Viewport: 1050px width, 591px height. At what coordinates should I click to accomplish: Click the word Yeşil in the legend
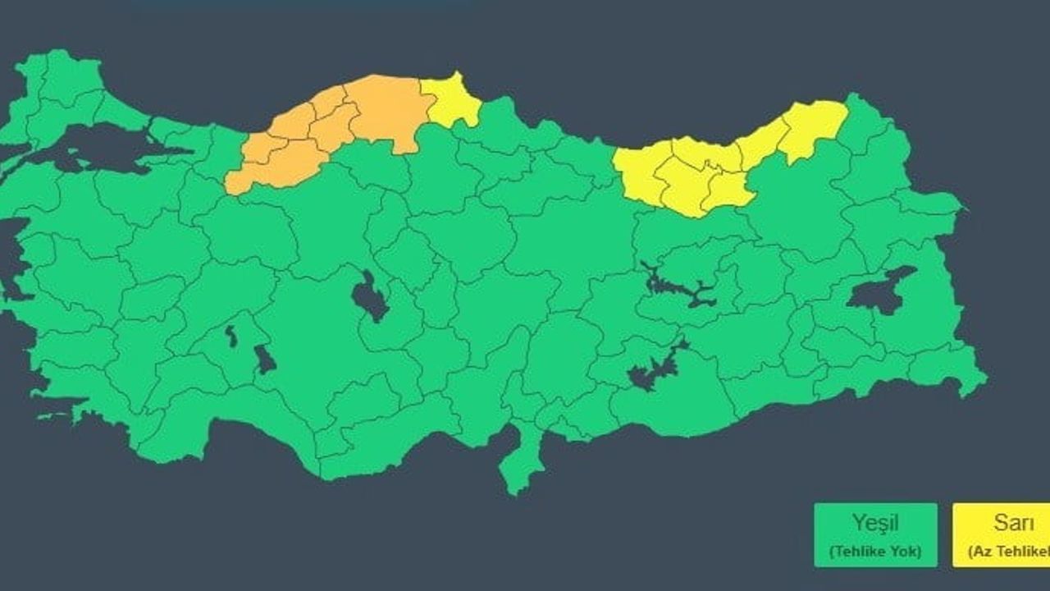(x=875, y=522)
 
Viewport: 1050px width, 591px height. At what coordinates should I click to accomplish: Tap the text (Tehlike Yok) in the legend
(x=875, y=552)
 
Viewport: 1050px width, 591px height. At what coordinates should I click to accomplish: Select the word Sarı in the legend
(x=1012, y=522)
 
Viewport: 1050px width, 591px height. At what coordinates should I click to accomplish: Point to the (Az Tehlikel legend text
(x=1009, y=552)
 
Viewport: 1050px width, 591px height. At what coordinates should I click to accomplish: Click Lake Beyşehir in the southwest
(x=264, y=360)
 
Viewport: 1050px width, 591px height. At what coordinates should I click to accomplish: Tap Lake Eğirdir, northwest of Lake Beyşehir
(x=231, y=335)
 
